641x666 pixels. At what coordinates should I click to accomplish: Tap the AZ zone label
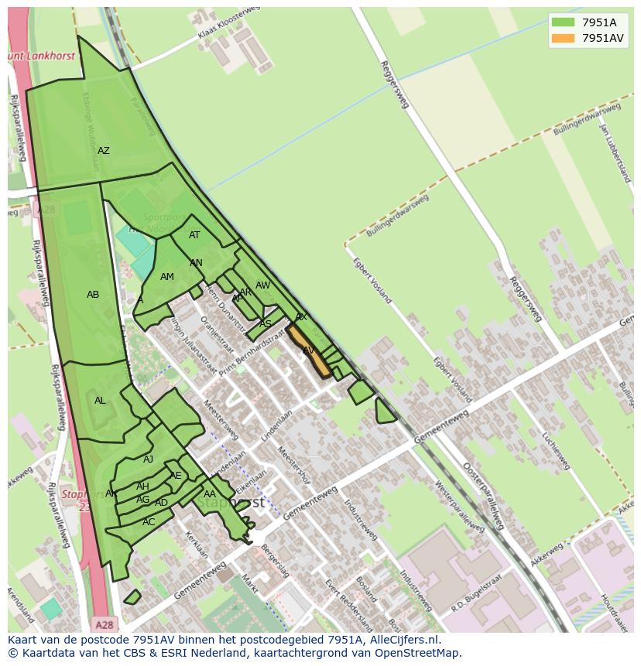click(x=103, y=151)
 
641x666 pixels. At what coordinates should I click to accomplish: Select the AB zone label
click(x=93, y=295)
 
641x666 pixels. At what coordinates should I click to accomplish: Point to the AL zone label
click(x=100, y=401)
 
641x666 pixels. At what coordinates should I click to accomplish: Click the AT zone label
click(x=194, y=235)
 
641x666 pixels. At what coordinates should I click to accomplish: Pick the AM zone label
click(x=167, y=277)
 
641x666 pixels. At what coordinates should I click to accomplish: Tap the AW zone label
click(x=262, y=285)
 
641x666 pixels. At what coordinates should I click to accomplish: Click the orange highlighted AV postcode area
click(x=310, y=353)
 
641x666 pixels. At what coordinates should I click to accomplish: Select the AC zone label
click(x=149, y=522)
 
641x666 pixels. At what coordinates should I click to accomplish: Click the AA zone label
click(x=210, y=494)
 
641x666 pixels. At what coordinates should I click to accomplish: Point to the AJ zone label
click(x=148, y=459)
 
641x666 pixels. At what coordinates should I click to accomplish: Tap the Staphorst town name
click(x=231, y=502)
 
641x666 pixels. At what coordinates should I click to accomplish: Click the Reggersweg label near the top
click(x=394, y=84)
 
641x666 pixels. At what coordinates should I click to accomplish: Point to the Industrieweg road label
click(x=361, y=520)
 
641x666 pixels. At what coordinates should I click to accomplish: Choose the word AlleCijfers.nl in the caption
click(x=404, y=640)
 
